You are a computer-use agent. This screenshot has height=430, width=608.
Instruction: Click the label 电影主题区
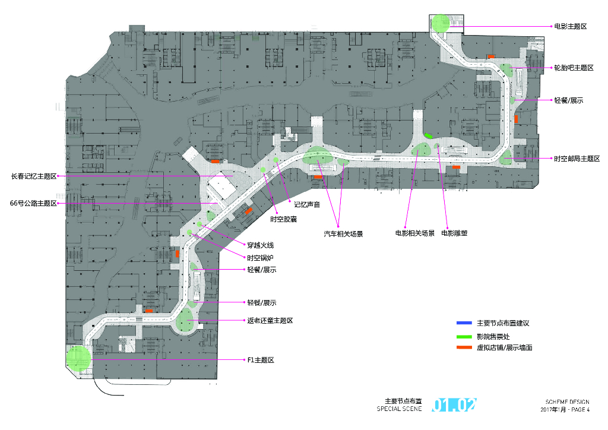coord(570,26)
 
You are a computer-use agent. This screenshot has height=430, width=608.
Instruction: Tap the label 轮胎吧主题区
coord(574,68)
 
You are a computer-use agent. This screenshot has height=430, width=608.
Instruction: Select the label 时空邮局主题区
coord(577,159)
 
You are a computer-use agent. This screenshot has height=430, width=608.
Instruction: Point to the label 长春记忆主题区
coord(33,176)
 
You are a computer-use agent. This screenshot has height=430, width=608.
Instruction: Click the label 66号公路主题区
coord(33,204)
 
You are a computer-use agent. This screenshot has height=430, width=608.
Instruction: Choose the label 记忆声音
coord(307,204)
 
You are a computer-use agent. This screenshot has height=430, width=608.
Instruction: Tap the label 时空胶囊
coord(283,219)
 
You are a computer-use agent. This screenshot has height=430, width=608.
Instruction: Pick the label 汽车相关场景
coord(343,234)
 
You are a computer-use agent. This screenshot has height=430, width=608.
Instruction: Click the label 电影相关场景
coord(415,233)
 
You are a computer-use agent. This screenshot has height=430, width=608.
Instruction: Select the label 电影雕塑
coord(454,233)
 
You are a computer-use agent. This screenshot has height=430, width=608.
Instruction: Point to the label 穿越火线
coord(261,245)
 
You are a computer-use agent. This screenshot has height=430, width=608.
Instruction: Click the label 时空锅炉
coord(261,258)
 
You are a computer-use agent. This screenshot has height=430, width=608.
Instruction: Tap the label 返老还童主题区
coord(270,321)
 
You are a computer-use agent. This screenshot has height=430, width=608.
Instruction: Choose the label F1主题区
coord(260,361)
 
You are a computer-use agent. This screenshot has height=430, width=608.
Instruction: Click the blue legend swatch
coord(464,323)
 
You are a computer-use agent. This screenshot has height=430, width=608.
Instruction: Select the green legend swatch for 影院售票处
coord(464,336)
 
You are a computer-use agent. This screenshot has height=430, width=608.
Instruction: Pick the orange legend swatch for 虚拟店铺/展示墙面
coord(464,347)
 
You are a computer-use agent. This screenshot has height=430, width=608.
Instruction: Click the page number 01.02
coord(454,405)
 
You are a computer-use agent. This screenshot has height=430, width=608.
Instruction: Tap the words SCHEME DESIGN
coord(568,402)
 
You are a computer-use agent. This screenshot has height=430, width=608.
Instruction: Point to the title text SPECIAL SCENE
coord(399,409)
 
